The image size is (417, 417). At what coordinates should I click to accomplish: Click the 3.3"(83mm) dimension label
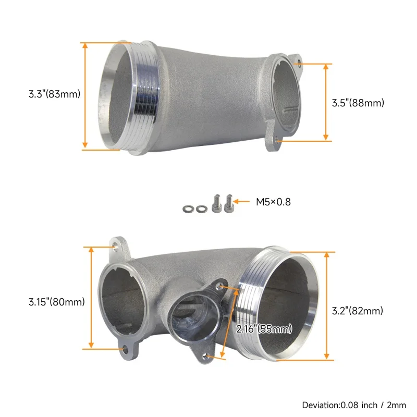tap(54, 94)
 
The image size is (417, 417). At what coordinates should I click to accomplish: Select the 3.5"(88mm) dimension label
tap(358, 103)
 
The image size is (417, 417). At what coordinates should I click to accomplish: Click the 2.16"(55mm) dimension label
tap(264, 329)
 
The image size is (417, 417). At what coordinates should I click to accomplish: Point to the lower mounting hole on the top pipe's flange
tap(277, 140)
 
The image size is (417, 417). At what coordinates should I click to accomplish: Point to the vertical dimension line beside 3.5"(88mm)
tap(326, 102)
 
